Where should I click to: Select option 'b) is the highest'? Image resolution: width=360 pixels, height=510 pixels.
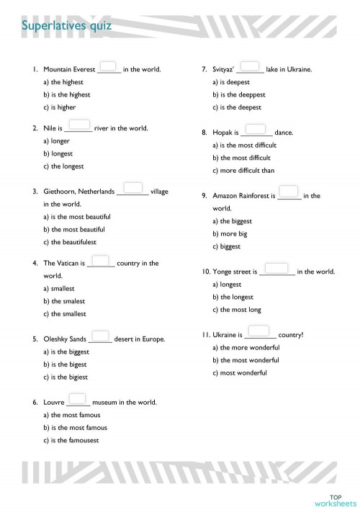pos(66,94)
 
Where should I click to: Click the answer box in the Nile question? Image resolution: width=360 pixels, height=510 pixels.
pos(81,124)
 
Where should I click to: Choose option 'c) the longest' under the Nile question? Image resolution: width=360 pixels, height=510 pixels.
pos(63,166)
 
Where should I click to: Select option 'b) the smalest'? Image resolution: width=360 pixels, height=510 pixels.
pos(64,301)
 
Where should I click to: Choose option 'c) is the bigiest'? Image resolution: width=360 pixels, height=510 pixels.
pos(66,377)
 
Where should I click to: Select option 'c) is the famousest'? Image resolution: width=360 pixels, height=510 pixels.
pos(71,440)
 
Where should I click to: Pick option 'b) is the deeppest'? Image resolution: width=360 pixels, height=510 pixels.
pos(238,94)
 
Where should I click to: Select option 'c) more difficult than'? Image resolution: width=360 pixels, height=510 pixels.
pos(243,171)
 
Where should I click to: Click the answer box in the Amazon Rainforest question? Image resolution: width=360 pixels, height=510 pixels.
pos(288,191)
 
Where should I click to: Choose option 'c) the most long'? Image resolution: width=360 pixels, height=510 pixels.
pos(237,310)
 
